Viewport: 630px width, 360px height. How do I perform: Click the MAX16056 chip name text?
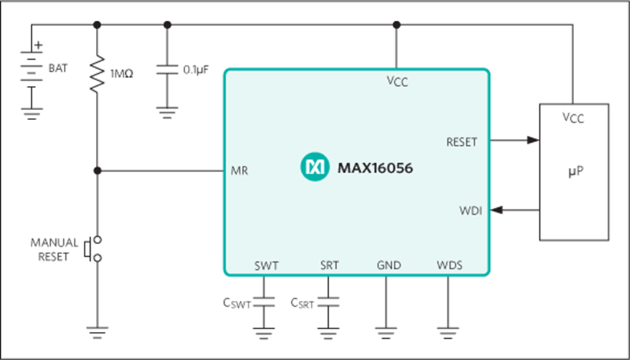[x=375, y=168]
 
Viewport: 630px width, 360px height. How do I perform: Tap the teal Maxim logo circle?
[x=315, y=167]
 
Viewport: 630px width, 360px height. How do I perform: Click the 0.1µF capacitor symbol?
[x=167, y=69]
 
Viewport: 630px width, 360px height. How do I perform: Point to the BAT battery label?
[x=58, y=68]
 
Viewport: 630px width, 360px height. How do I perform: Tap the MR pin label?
[x=239, y=171]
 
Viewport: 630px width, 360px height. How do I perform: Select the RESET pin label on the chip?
[x=461, y=142]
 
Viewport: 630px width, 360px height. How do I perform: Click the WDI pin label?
[x=470, y=211]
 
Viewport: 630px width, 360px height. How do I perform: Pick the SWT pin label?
[x=267, y=265]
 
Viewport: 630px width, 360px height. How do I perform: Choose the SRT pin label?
[x=329, y=265]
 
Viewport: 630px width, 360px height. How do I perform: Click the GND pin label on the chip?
[x=389, y=265]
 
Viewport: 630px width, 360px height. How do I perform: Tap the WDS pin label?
[x=449, y=265]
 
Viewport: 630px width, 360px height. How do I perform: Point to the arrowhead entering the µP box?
[x=533, y=140]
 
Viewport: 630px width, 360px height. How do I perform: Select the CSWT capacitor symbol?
[x=263, y=302]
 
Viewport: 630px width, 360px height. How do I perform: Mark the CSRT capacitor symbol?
[x=328, y=302]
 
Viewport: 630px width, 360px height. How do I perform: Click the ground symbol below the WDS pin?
[x=448, y=333]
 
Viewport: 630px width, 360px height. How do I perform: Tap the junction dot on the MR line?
[x=97, y=171]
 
